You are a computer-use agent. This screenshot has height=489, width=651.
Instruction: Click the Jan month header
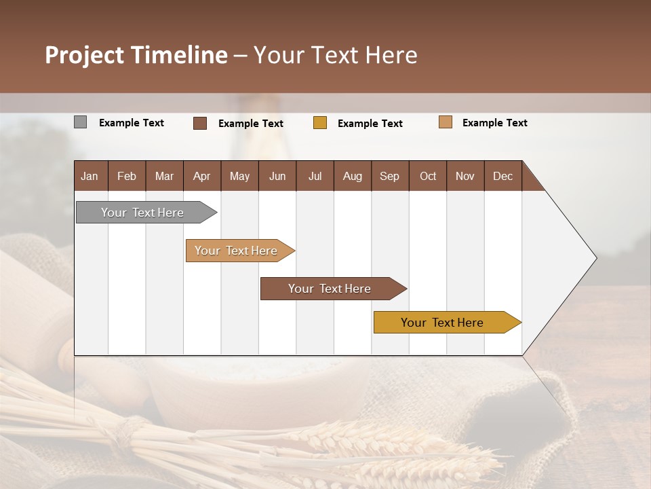point(90,176)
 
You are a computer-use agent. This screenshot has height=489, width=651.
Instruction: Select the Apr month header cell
point(201,176)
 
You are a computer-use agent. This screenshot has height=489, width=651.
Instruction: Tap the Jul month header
point(315,176)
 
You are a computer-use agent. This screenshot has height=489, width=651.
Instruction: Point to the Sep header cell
point(389,176)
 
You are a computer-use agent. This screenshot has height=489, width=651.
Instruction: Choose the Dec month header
point(502,176)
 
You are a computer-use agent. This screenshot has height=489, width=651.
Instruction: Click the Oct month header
point(427,176)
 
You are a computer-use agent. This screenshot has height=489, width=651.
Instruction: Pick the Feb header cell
point(127,176)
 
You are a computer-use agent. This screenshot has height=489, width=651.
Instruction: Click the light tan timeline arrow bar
point(237,251)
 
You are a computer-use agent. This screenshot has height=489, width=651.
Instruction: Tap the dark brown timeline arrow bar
point(331,289)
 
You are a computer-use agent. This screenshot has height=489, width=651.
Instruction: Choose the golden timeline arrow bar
point(444,323)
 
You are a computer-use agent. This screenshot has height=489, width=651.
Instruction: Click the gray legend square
point(81,122)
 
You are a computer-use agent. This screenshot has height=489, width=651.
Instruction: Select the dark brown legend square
point(200,123)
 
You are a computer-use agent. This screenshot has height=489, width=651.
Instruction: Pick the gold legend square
point(320,123)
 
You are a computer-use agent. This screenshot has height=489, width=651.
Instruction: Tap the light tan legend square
point(446,122)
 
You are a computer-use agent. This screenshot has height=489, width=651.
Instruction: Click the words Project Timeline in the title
point(136,55)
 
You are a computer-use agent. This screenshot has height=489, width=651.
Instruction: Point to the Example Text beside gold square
point(370,124)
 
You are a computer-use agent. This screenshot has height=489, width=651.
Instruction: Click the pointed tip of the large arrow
point(595,257)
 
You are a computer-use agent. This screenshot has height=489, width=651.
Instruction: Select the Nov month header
point(465,176)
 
